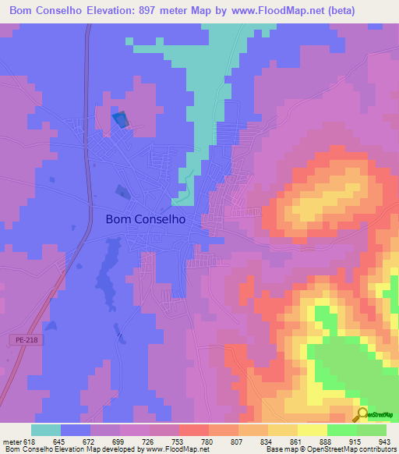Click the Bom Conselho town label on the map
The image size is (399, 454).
pyautogui.click(x=144, y=220)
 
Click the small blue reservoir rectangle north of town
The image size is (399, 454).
pyautogui.click(x=120, y=119)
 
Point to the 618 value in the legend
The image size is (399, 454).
pyautogui.click(x=31, y=442)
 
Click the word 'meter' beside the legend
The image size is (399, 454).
pyautogui.click(x=12, y=442)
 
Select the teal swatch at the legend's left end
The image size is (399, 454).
pyautogui.click(x=46, y=430)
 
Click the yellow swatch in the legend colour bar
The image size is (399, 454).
pyautogui.click(x=312, y=430)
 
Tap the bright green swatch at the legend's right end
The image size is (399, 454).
pyautogui.click(x=372, y=430)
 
